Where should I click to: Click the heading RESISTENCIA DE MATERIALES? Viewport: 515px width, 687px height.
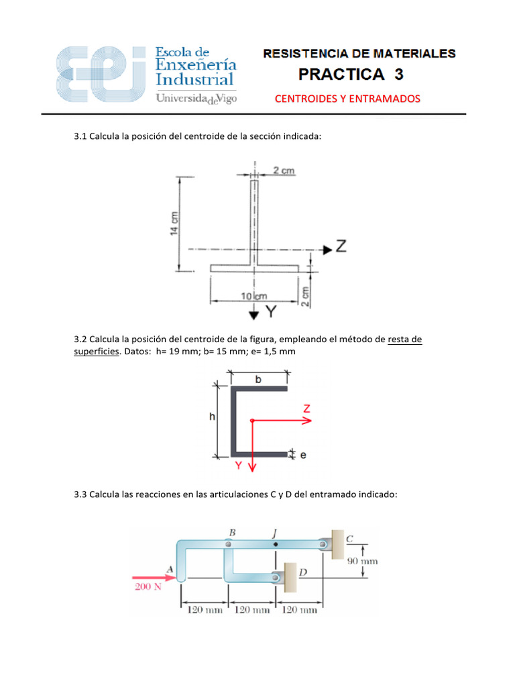pyautogui.click(x=359, y=53)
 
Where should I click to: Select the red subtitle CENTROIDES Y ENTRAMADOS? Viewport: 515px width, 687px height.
pyautogui.click(x=347, y=99)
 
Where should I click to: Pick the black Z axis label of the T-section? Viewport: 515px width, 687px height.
pyautogui.click(x=341, y=248)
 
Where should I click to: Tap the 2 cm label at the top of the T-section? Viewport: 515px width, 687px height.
pyautogui.click(x=284, y=170)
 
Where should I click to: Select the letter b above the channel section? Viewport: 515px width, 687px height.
pyautogui.click(x=259, y=379)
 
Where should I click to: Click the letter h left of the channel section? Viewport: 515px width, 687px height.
pyautogui.click(x=212, y=417)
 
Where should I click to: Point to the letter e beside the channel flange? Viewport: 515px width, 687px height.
pyautogui.click(x=302, y=456)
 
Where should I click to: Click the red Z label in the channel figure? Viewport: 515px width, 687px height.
pyautogui.click(x=306, y=409)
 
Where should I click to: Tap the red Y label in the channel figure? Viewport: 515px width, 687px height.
pyautogui.click(x=238, y=464)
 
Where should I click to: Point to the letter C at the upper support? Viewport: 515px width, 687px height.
pyautogui.click(x=349, y=537)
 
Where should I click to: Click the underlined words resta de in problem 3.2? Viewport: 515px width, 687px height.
pyautogui.click(x=404, y=339)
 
